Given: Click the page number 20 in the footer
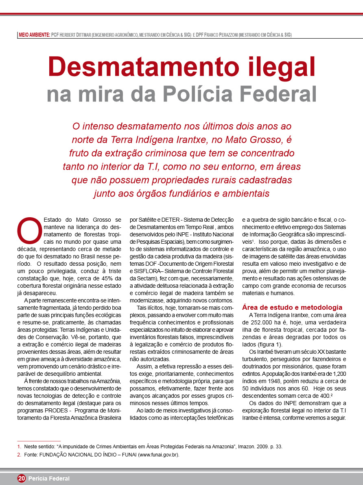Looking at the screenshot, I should pyautogui.click(x=22, y=478).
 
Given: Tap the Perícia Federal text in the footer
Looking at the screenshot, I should pyautogui.click(x=49, y=478).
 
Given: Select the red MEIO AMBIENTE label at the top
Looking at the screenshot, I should pyautogui.click(x=34, y=35).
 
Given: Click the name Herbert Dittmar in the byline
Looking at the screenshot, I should pyautogui.click(x=76, y=35).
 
